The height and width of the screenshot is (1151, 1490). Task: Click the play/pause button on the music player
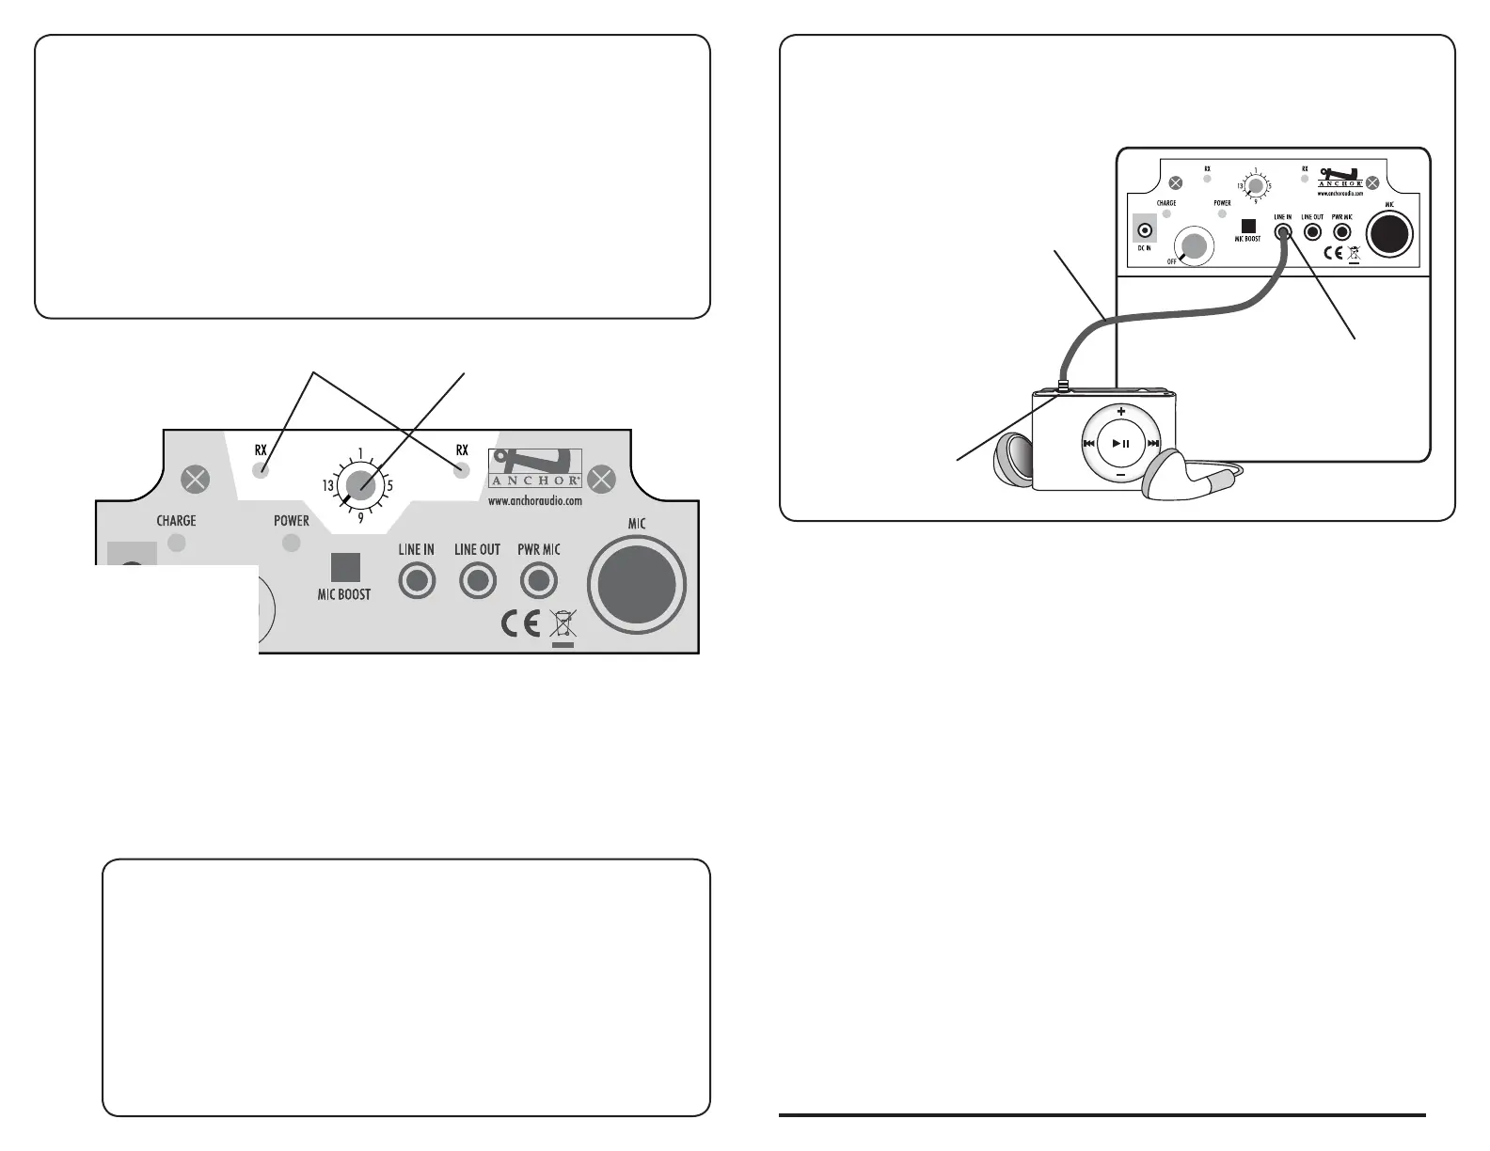click(1120, 443)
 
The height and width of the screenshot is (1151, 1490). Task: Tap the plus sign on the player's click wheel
click(1120, 412)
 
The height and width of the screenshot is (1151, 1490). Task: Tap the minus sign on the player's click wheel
click(1120, 475)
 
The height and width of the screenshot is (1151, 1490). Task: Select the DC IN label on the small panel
click(1144, 248)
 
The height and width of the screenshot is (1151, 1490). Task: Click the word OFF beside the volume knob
click(1172, 261)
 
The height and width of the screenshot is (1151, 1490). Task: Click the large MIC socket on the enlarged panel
click(637, 586)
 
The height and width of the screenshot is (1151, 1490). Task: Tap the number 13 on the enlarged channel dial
click(328, 486)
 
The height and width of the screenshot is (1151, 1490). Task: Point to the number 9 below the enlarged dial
click(360, 517)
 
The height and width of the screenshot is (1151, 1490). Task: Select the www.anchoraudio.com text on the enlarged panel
click(534, 501)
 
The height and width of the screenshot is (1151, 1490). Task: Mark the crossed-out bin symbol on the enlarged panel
click(562, 625)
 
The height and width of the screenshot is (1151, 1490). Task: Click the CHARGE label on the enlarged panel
click(176, 521)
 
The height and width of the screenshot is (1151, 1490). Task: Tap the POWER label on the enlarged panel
click(292, 521)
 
